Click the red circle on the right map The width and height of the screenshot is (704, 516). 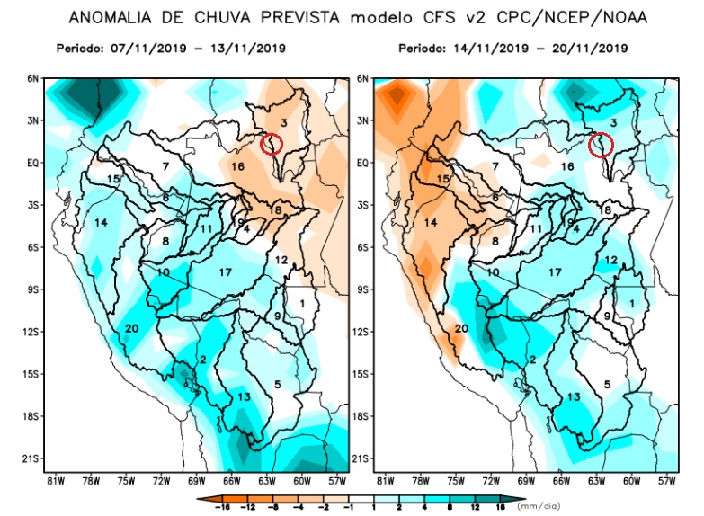tap(601, 144)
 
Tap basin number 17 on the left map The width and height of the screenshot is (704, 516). tap(226, 271)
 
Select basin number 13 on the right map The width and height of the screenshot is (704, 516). tap(574, 396)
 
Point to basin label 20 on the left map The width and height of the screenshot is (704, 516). tap(132, 328)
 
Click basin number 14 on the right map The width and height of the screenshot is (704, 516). tap(431, 222)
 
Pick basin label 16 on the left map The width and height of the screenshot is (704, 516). tap(237, 166)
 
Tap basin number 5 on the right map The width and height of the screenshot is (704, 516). tap(607, 385)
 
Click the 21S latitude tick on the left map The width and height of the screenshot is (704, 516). tap(33, 458)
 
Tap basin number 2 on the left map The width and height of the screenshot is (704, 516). tap(204, 360)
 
